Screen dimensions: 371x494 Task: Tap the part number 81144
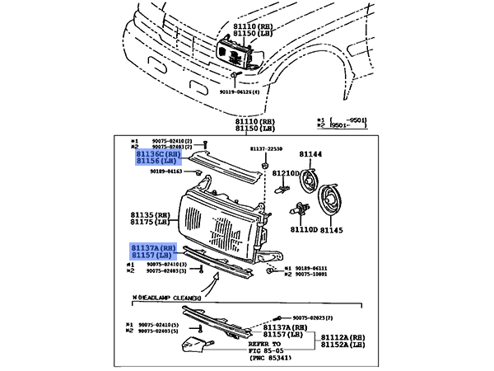click(310, 153)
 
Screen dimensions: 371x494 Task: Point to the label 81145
click(331, 230)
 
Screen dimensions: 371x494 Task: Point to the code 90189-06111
click(310, 268)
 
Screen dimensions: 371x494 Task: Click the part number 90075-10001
click(310, 275)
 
